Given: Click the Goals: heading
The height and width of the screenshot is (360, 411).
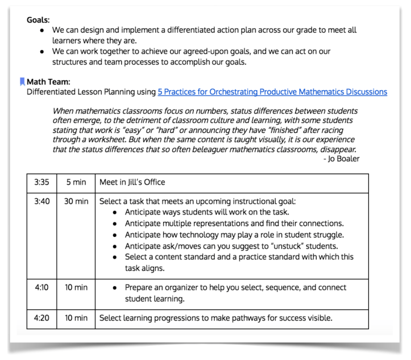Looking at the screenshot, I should (x=38, y=19).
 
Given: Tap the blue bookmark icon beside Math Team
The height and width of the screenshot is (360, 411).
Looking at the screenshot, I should (x=22, y=82).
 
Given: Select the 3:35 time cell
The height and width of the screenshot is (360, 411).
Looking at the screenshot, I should (x=41, y=182).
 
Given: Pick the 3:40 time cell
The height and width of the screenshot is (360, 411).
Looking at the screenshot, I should (x=41, y=201).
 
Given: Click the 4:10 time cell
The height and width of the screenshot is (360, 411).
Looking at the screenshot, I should (x=41, y=287).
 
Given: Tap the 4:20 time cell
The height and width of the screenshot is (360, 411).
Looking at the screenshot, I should (x=41, y=317).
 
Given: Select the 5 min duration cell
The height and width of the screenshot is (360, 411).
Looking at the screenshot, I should (x=76, y=182).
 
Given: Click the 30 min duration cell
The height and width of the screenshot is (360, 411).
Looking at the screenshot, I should (x=76, y=201).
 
